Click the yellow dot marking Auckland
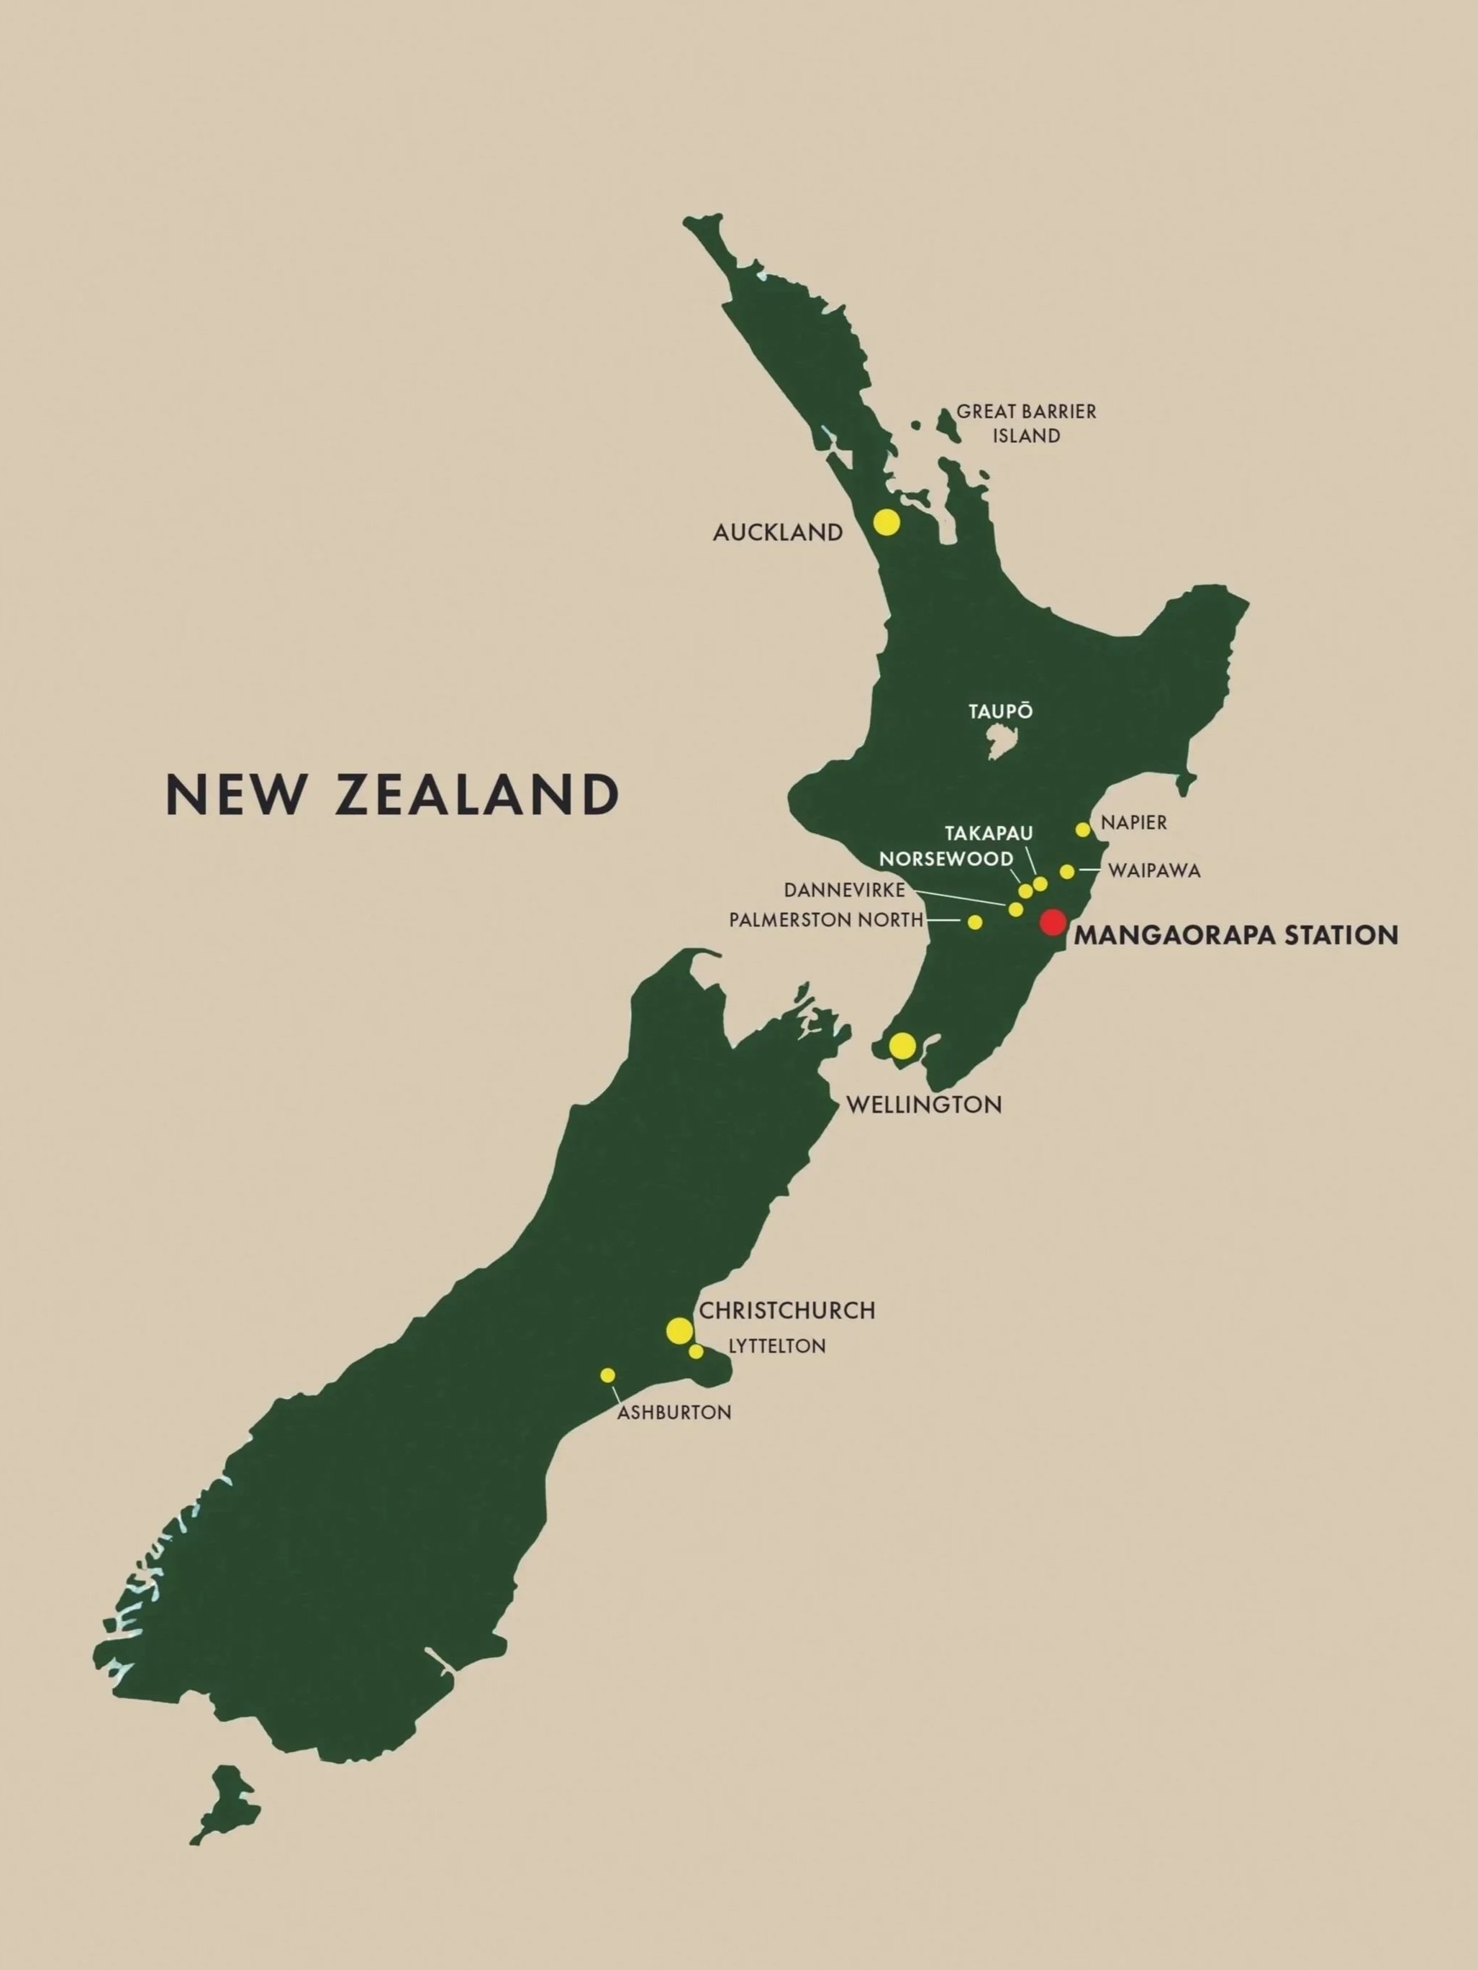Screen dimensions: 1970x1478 click(886, 522)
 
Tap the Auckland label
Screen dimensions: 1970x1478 click(778, 532)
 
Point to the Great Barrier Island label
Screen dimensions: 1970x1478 click(1026, 423)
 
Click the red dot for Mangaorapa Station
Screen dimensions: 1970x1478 click(1053, 922)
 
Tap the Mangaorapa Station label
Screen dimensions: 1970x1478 click(1236, 935)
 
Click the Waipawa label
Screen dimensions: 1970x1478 click(1155, 871)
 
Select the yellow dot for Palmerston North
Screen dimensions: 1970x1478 click(974, 922)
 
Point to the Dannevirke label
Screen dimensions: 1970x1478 click(843, 890)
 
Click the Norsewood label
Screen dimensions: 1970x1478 click(946, 859)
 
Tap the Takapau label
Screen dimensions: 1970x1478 click(988, 834)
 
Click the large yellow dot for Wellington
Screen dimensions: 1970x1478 click(902, 1046)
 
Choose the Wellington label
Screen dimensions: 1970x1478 click(923, 1105)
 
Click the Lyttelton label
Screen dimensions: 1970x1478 click(777, 1346)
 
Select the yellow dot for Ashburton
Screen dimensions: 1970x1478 click(607, 1375)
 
